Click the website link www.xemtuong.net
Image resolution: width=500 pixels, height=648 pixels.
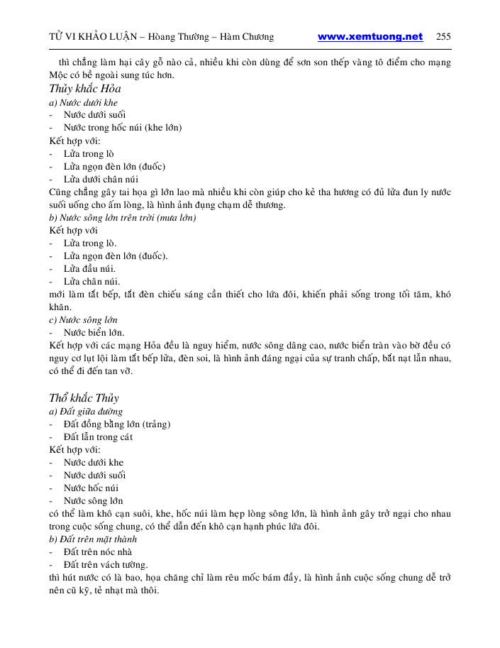pyautogui.click(x=370, y=37)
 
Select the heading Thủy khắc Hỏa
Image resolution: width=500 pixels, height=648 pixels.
pyautogui.click(x=84, y=89)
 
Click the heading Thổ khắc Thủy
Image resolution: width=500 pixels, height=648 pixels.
pyautogui.click(x=84, y=397)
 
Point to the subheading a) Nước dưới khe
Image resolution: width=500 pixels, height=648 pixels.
pyautogui.click(x=79, y=102)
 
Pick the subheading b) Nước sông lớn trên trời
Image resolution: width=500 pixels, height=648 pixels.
pyautogui.click(x=122, y=218)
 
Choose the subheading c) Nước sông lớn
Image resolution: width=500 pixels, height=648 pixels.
pyautogui.click(x=83, y=320)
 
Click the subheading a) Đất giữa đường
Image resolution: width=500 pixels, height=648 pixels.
pyautogui.click(x=86, y=412)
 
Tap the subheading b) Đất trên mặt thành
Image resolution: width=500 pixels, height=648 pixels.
pyautogui.click(x=93, y=539)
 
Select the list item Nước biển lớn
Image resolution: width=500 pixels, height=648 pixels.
pyautogui.click(x=94, y=332)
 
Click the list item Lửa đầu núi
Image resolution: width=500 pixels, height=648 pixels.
pyautogui.click(x=89, y=269)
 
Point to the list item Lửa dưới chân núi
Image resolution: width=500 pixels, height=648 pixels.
pyautogui.click(x=101, y=179)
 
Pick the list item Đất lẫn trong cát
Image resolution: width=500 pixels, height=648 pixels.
pyautogui.click(x=98, y=437)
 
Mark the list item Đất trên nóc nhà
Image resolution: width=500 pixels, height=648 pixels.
pyautogui.click(x=98, y=552)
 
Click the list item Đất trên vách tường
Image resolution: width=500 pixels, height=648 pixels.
pyautogui.click(x=106, y=565)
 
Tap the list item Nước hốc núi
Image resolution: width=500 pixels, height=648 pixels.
pyautogui.click(x=91, y=488)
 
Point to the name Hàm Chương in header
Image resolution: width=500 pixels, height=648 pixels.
pyautogui.click(x=248, y=37)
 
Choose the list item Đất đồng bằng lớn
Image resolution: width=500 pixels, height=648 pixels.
pyautogui.click(x=117, y=424)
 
